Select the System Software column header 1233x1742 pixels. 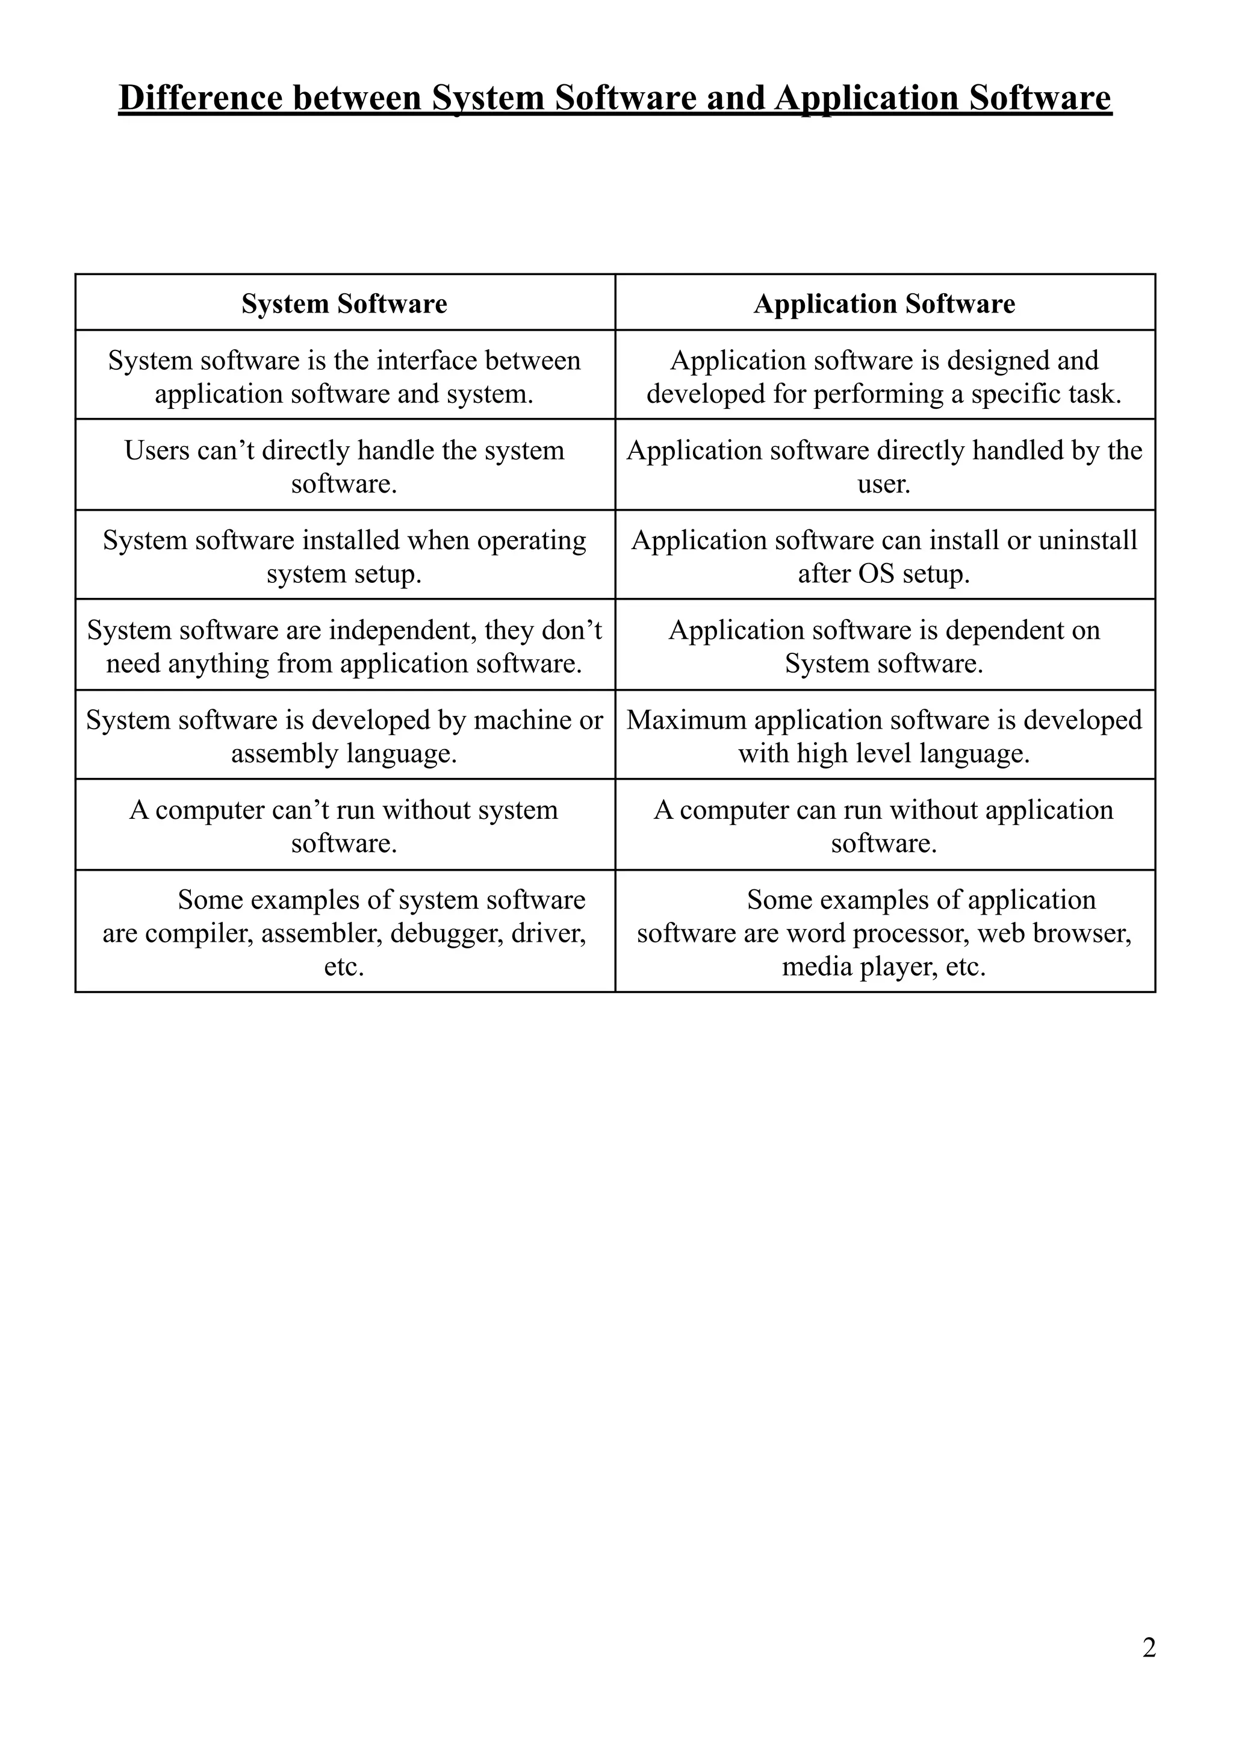(345, 303)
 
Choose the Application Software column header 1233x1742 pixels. (884, 303)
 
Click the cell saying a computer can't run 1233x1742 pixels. (345, 826)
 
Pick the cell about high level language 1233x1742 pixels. (884, 736)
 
